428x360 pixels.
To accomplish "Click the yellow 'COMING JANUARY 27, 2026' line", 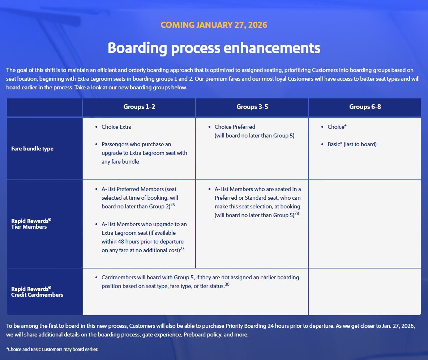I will (x=214, y=25).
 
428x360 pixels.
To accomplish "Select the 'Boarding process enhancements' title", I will (x=214, y=48).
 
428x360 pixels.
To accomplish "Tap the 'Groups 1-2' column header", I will (x=139, y=107).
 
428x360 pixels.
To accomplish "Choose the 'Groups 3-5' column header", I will (x=252, y=107).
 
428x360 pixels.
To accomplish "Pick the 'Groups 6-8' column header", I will (x=365, y=107).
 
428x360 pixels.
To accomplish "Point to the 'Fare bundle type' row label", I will (x=32, y=149).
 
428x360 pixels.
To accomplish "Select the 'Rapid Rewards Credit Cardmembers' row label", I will (x=37, y=292).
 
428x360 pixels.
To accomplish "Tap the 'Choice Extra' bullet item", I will (x=116, y=127).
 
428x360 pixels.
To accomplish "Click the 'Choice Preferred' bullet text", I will (x=235, y=127).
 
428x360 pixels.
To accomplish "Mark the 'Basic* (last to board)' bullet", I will (x=352, y=144).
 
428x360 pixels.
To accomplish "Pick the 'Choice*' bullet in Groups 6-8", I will (x=336, y=127).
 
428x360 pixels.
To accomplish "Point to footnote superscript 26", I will (x=172, y=205).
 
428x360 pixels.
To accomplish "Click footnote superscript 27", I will (x=182, y=249).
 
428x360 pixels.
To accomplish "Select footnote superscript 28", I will (x=296, y=213).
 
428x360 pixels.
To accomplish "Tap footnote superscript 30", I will (x=227, y=284).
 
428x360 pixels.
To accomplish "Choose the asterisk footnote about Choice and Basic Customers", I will (x=52, y=350).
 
